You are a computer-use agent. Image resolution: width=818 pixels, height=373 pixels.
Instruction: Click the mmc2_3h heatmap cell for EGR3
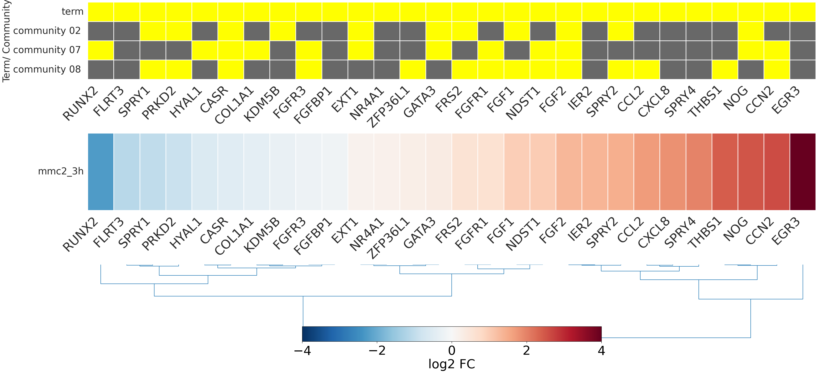pos(802,171)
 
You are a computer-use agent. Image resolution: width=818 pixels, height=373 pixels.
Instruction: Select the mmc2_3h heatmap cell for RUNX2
pos(101,171)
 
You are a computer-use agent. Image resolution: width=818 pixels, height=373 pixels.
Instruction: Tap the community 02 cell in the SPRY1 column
pos(153,31)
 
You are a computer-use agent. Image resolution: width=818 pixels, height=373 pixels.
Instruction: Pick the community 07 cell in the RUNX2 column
pos(101,50)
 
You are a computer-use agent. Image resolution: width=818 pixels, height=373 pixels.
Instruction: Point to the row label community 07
pos(47,50)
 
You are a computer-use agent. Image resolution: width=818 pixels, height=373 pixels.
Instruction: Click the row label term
pos(72,12)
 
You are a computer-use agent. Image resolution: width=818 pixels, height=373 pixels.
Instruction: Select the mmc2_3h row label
pos(61,171)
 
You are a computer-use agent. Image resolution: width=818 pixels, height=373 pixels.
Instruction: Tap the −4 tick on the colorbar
pos(302,351)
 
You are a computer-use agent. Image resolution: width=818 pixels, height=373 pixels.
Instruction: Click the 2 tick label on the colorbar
pos(526,351)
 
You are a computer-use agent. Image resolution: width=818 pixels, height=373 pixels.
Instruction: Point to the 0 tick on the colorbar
pos(451,351)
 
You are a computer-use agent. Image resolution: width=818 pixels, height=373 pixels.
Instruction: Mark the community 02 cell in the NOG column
pos(751,31)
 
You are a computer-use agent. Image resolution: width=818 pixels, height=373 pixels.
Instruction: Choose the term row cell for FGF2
pos(569,12)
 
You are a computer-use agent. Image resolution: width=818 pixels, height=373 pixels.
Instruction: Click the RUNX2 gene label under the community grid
pos(80,103)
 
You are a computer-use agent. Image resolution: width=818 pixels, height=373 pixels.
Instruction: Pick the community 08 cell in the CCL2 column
pos(647,70)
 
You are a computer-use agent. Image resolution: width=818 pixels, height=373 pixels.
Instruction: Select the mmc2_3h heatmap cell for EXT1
pos(361,171)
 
